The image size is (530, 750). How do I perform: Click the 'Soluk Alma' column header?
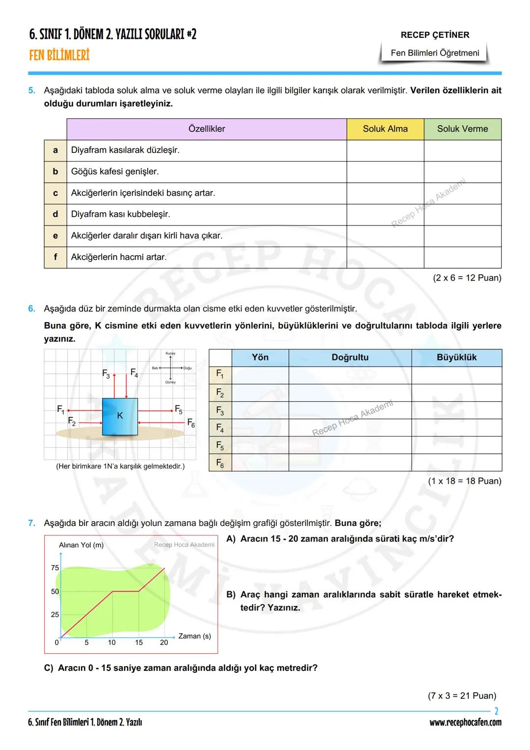[385, 129]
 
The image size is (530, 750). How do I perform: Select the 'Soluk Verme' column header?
[462, 129]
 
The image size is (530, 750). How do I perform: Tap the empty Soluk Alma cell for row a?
[385, 150]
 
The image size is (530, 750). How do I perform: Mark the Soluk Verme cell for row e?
[462, 236]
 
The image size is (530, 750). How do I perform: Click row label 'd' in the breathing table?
[55, 214]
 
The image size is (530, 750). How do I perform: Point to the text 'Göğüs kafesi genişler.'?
[115, 172]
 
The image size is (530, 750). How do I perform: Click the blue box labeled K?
[120, 417]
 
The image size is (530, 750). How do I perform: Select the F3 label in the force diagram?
[106, 374]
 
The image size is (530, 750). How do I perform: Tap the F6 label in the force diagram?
[191, 423]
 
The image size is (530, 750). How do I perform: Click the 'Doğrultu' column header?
[350, 358]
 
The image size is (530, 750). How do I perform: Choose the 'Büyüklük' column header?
[456, 358]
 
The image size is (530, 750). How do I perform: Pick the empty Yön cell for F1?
[260, 375]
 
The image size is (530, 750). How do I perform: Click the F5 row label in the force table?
[220, 445]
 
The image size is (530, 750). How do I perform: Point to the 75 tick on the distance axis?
[55, 568]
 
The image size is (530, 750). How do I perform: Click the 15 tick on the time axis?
[139, 642]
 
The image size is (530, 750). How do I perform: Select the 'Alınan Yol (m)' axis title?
[81, 545]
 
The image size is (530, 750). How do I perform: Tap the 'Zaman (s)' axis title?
[194, 636]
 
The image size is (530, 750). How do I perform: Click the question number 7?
[31, 523]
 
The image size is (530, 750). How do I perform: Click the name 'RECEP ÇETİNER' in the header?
[435, 35]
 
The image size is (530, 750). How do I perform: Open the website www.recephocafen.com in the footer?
[465, 722]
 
